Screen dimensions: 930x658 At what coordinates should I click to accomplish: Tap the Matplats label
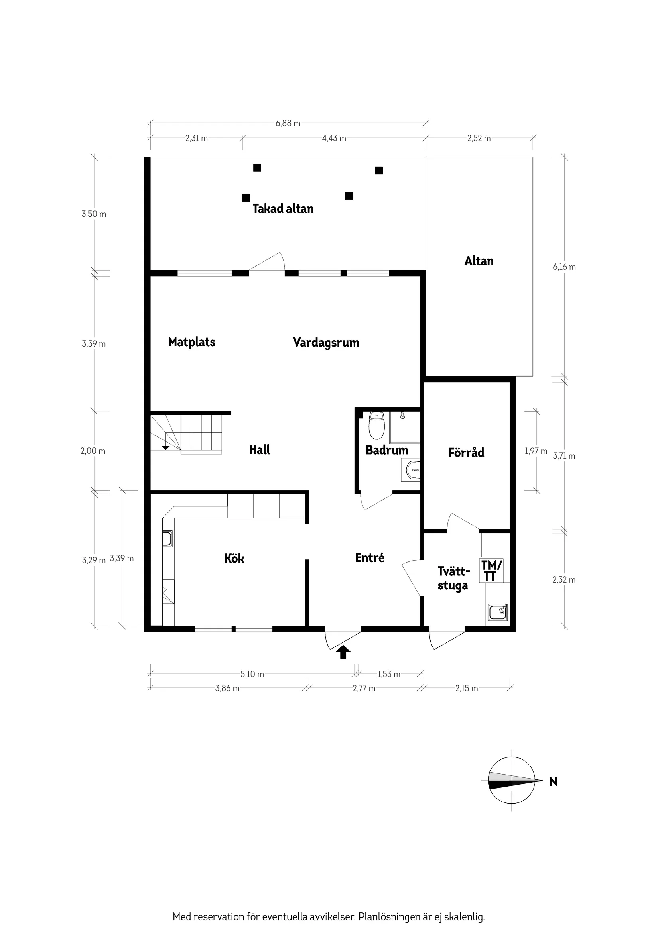[191, 342]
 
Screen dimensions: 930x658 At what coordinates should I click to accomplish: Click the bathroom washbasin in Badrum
[412, 470]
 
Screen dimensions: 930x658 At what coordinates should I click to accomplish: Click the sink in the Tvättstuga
[498, 612]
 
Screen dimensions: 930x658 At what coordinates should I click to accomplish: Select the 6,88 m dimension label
[288, 123]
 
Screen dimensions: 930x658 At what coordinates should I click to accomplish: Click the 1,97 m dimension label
[536, 451]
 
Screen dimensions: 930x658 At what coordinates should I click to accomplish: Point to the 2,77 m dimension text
[364, 688]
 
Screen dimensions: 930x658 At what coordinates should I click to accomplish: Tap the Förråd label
[466, 452]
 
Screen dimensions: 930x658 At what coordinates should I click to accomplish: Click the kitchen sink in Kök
[167, 539]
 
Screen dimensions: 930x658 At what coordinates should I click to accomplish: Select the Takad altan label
[283, 209]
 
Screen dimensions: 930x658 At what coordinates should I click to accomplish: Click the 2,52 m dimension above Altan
[479, 139]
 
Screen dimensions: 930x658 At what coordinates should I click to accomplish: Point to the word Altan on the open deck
[479, 261]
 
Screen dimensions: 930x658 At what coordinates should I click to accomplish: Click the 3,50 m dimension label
[94, 214]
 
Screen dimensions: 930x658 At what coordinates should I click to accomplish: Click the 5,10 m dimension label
[252, 674]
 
